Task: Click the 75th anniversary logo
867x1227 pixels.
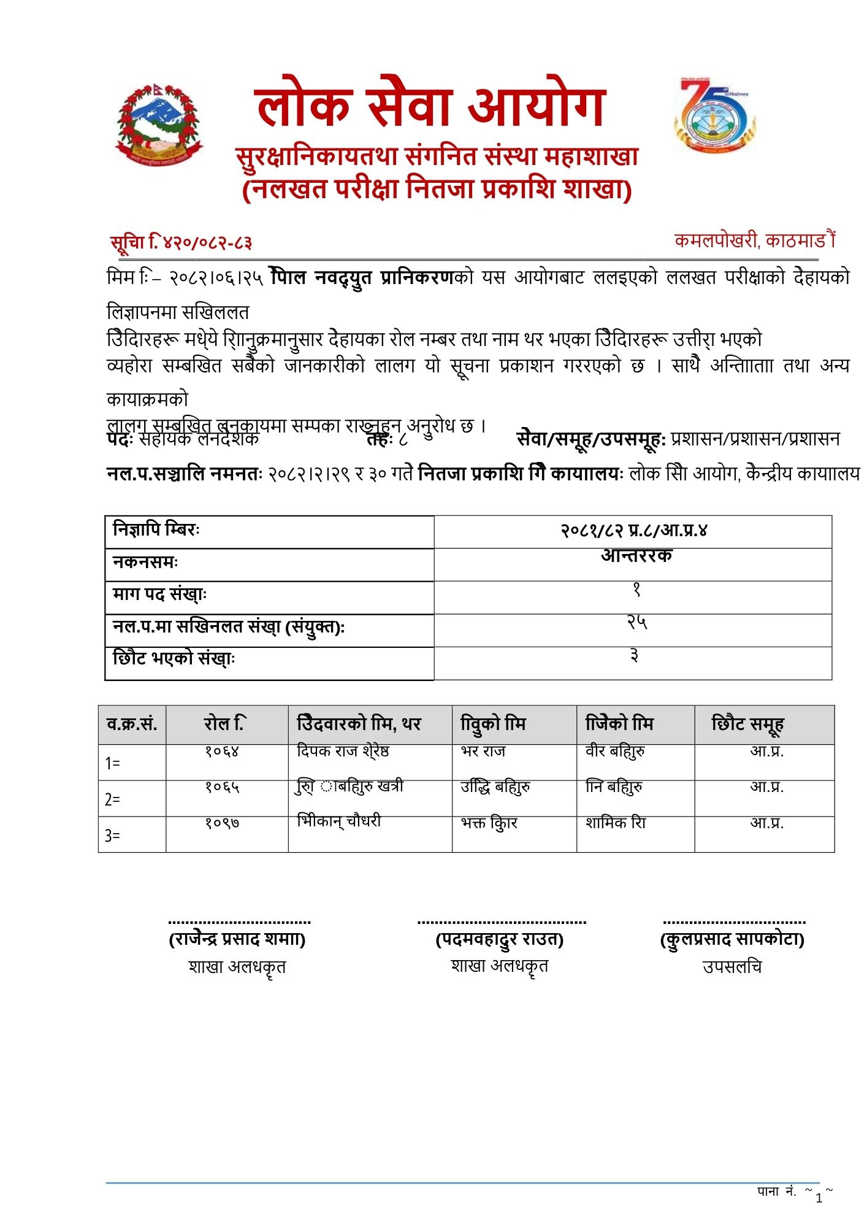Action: click(x=714, y=115)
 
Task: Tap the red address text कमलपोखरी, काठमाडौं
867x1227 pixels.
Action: click(x=754, y=240)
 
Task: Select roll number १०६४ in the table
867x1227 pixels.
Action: click(x=222, y=751)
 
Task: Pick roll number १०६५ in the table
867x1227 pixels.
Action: click(x=222, y=787)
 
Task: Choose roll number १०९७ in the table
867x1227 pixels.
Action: click(x=222, y=822)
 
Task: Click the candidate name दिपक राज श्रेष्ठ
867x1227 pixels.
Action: click(x=343, y=751)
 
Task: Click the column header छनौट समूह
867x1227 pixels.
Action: click(x=747, y=724)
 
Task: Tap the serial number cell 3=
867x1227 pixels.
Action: click(x=113, y=836)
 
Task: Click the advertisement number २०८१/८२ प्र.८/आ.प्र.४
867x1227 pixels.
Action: click(x=633, y=530)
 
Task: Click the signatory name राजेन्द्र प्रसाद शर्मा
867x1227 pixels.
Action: click(x=237, y=939)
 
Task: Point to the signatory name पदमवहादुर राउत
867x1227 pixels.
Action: click(x=500, y=939)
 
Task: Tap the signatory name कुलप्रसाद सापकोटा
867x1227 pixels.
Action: click(x=732, y=939)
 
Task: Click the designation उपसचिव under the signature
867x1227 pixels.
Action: click(x=732, y=967)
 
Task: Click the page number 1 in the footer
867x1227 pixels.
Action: click(x=819, y=1198)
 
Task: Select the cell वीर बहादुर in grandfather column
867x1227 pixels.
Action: click(x=615, y=751)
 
